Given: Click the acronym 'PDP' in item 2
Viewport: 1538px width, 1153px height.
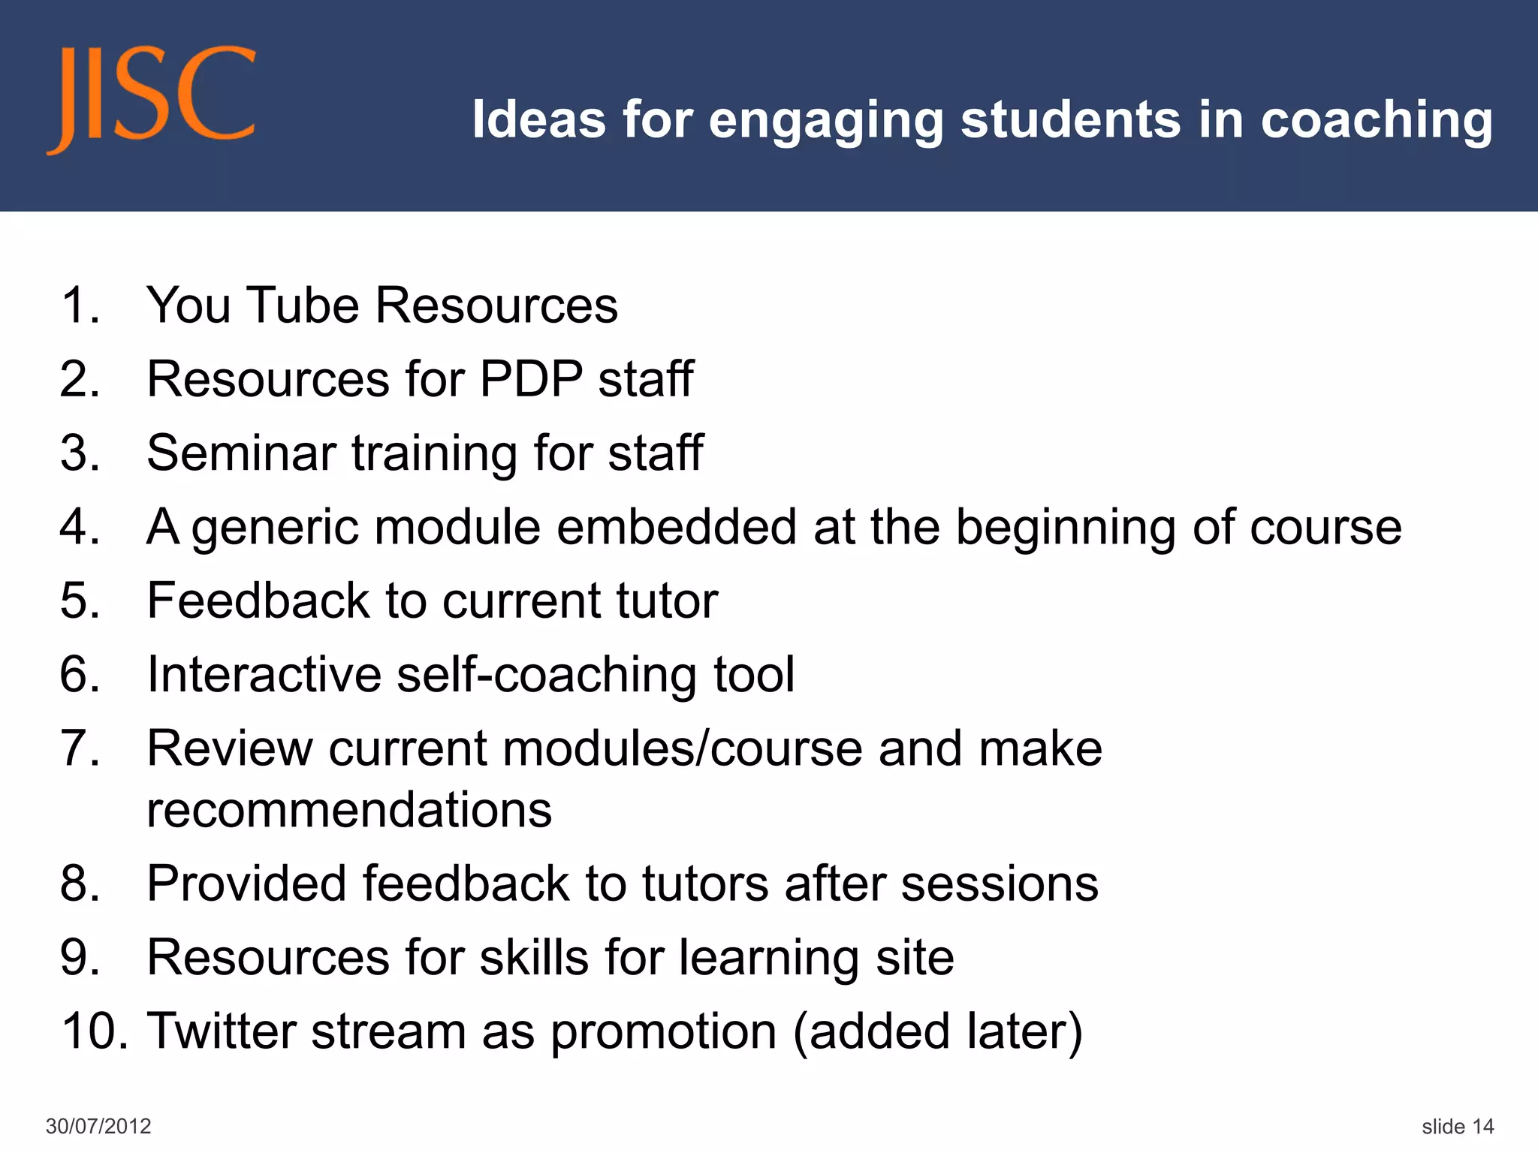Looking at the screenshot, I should pyautogui.click(x=530, y=378).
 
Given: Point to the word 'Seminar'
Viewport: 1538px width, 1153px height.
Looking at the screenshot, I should pyautogui.click(x=241, y=453).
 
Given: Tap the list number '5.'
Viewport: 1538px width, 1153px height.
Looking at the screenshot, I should pyautogui.click(x=80, y=601).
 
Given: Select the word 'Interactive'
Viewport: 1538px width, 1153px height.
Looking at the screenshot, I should pyautogui.click(x=264, y=674).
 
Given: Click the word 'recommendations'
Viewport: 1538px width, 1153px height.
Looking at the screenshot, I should pyautogui.click(x=349, y=810).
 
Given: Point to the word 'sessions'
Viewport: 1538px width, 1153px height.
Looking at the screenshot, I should pyautogui.click(x=1000, y=883).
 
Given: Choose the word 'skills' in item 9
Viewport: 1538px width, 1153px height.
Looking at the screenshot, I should pyautogui.click(x=534, y=957).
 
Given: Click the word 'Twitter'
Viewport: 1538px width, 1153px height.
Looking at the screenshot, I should pyautogui.click(x=222, y=1031).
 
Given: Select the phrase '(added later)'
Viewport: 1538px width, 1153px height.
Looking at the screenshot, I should pyautogui.click(x=938, y=1031).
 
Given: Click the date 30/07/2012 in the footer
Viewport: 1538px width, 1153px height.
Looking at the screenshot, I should pyautogui.click(x=98, y=1126).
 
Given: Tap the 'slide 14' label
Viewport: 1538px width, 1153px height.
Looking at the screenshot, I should pyautogui.click(x=1458, y=1126).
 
